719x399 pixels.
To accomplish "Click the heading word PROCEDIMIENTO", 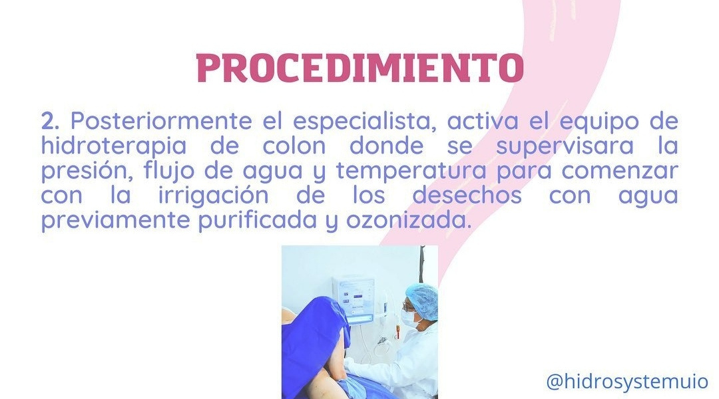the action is (360, 68).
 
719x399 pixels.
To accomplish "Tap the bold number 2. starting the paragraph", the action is (51, 122).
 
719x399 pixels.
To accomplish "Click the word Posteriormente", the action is (161, 122).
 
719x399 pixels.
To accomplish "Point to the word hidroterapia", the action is (114, 146).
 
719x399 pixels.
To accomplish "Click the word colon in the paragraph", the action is (294, 146).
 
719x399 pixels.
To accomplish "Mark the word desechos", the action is (467, 195).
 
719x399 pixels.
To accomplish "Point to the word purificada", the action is (257, 221).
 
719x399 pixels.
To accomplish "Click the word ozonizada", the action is (409, 220).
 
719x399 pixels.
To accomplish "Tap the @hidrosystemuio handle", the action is (627, 381).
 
